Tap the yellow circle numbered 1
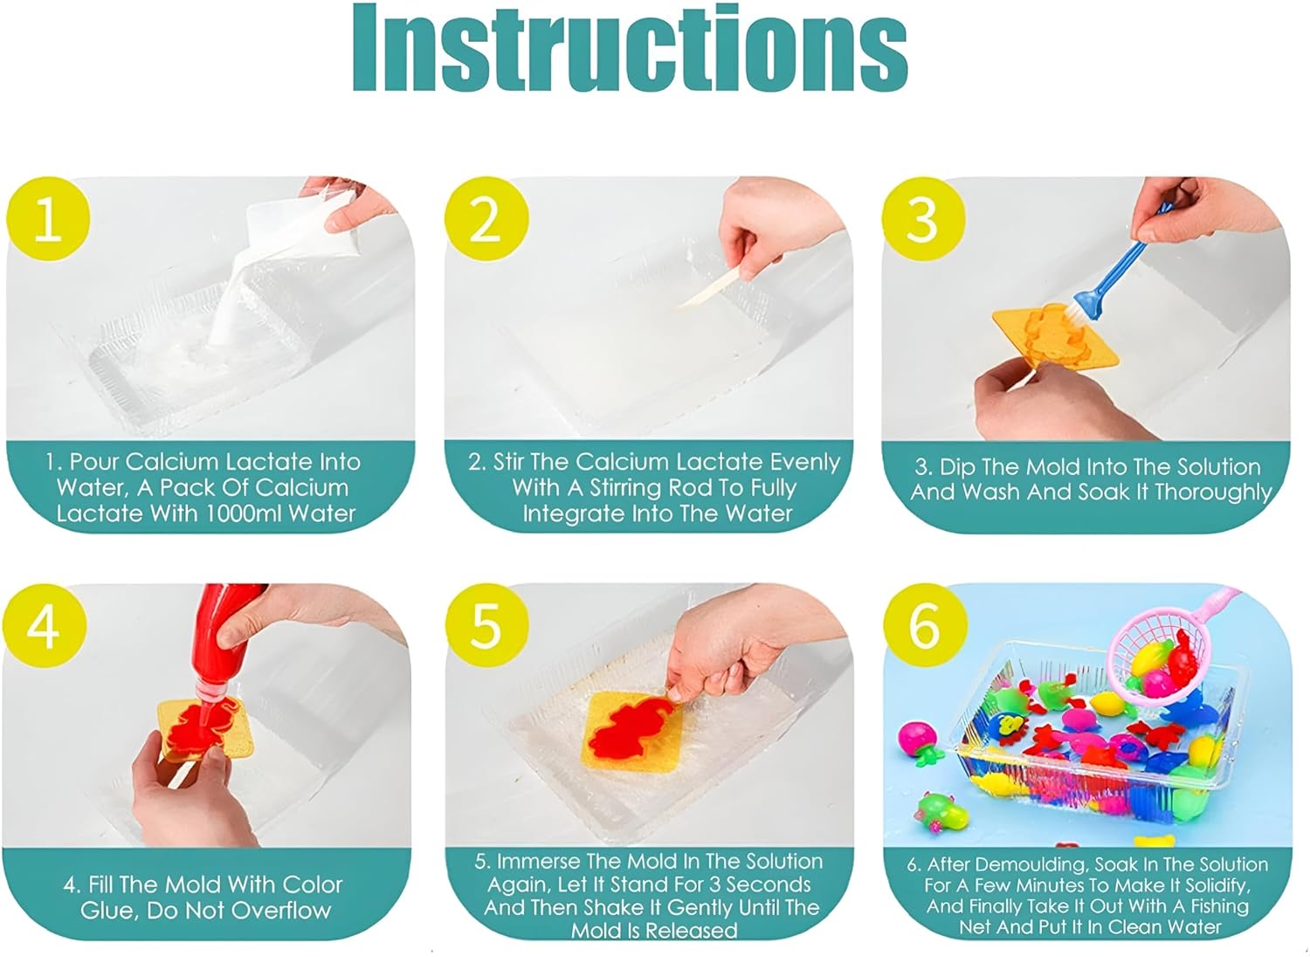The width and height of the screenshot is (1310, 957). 47,218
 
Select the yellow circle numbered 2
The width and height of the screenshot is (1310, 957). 486,218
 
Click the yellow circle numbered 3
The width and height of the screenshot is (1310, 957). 922,218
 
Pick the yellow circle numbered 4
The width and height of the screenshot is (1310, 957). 44,625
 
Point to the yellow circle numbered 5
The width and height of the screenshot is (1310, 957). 486,625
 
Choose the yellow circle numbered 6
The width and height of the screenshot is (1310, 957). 925,625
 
